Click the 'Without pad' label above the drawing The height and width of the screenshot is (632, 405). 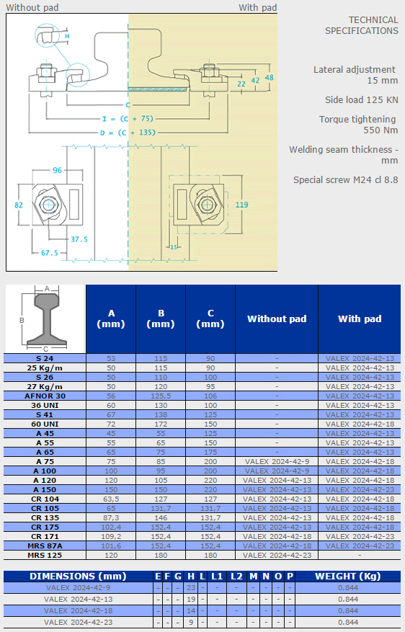pyautogui.click(x=32, y=8)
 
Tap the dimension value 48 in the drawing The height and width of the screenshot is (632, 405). pyautogui.click(x=270, y=77)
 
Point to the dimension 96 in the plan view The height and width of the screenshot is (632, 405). pyautogui.click(x=57, y=170)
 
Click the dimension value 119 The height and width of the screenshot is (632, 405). pyautogui.click(x=242, y=205)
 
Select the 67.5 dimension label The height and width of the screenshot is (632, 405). pyautogui.click(x=50, y=253)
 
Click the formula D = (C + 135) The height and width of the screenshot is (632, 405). pyautogui.click(x=128, y=132)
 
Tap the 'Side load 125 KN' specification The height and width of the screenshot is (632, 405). pyautogui.click(x=362, y=100)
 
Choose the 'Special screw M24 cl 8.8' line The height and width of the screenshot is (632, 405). pyautogui.click(x=346, y=179)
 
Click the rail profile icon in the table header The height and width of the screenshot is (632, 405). pyautogui.click(x=45, y=319)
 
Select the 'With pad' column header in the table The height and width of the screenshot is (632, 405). pyautogui.click(x=360, y=319)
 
